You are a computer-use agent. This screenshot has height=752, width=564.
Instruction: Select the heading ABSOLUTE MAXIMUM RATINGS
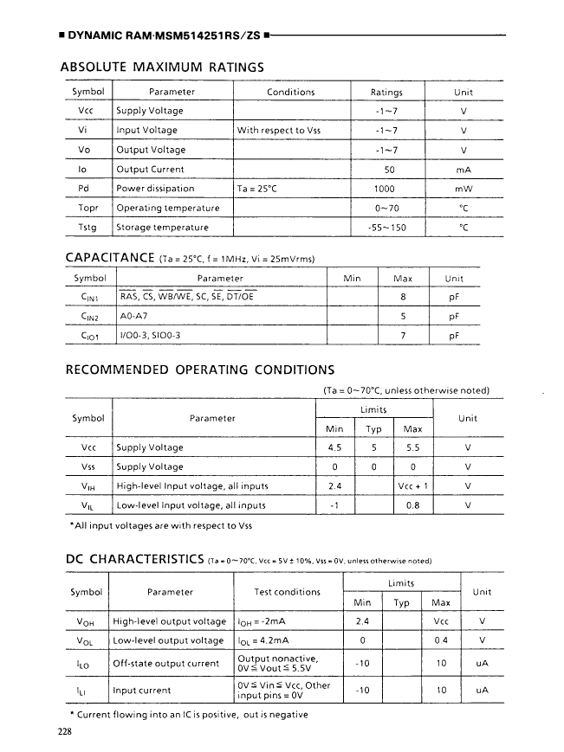click(x=161, y=66)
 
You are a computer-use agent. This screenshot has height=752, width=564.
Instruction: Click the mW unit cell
click(x=463, y=188)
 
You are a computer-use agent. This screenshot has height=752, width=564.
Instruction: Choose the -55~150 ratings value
click(x=386, y=228)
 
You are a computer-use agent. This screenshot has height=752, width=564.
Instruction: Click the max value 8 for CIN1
click(x=403, y=298)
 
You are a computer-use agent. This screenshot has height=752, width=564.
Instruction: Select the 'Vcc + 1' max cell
click(x=412, y=485)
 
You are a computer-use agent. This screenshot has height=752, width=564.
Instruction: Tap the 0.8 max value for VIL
click(x=412, y=505)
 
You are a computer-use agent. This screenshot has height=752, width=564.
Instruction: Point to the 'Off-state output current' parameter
click(x=166, y=664)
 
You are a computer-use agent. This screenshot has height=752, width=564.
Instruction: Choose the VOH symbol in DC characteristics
click(x=85, y=621)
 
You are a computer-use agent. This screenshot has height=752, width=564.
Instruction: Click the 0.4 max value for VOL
click(x=440, y=640)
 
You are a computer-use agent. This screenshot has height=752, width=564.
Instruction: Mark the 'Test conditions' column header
click(x=287, y=592)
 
